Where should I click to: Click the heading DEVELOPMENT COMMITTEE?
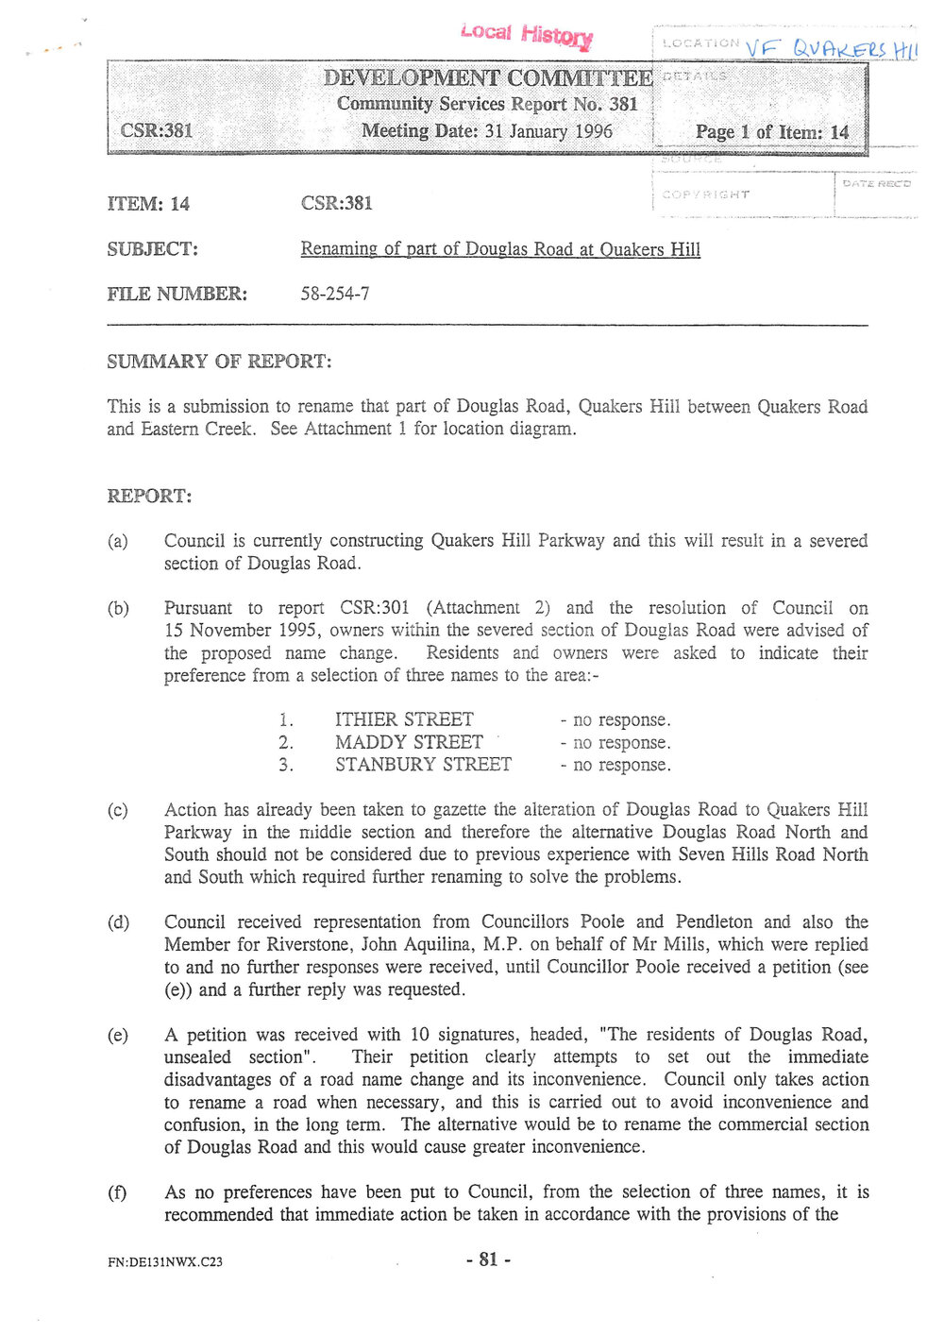[x=487, y=77]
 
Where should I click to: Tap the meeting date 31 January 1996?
[x=548, y=131]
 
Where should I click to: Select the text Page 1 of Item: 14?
[x=771, y=132]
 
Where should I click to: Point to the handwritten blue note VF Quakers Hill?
[x=830, y=48]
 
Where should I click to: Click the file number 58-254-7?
[x=335, y=294]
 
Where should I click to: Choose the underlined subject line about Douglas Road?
[x=500, y=249]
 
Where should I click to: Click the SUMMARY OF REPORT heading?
[x=219, y=362]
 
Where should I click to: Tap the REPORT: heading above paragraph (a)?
[x=149, y=496]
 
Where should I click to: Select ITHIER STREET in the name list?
[x=404, y=719]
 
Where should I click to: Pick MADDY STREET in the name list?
[x=409, y=742]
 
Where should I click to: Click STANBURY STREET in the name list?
[x=423, y=765]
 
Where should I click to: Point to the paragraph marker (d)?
[x=118, y=922]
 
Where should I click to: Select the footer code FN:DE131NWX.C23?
[x=165, y=1261]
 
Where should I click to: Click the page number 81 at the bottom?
[x=488, y=1259]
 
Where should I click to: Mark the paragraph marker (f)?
[x=117, y=1192]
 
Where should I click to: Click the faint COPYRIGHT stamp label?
[x=705, y=194]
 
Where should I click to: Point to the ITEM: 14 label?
[x=148, y=204]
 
